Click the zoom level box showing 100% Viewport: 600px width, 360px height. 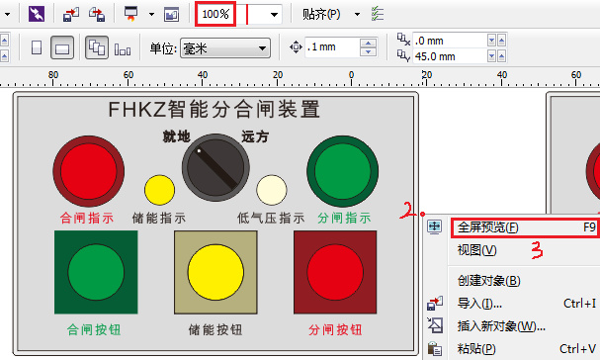point(214,15)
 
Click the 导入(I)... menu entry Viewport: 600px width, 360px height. point(479,304)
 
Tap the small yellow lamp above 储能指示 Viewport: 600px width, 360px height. point(159,190)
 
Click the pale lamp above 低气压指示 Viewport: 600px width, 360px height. point(272,190)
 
